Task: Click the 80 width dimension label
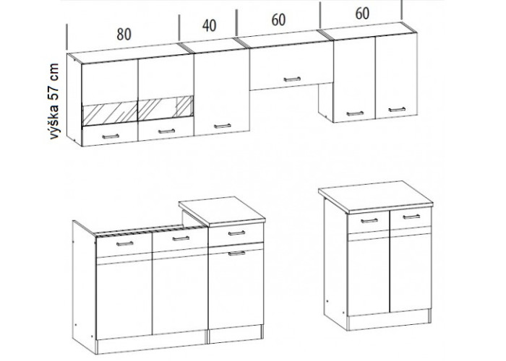click(124, 34)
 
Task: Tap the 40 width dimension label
click(210, 26)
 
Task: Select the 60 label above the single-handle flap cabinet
click(278, 20)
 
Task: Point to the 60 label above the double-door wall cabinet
click(362, 14)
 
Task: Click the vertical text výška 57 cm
click(54, 101)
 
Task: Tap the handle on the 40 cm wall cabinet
click(223, 126)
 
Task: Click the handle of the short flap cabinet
click(292, 79)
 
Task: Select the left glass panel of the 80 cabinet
click(110, 113)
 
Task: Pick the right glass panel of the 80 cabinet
click(166, 108)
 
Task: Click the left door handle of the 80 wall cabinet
click(111, 136)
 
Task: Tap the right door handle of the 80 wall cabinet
click(166, 131)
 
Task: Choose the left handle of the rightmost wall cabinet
click(355, 113)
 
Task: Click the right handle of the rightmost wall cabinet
click(397, 110)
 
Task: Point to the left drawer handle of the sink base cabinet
click(125, 243)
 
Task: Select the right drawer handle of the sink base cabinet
click(181, 238)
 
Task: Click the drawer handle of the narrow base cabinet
click(237, 233)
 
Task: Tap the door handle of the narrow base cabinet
click(237, 253)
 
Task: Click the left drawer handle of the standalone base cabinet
click(369, 221)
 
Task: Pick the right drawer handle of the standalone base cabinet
click(411, 217)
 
